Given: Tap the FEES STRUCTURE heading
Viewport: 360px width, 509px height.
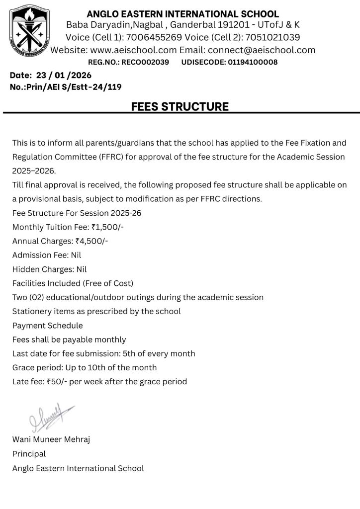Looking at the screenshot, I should (x=180, y=106).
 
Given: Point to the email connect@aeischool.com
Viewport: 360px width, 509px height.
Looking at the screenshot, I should (x=262, y=50).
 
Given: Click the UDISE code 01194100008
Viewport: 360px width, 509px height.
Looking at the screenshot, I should (x=252, y=62).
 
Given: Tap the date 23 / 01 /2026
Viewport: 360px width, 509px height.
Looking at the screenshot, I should (x=63, y=76).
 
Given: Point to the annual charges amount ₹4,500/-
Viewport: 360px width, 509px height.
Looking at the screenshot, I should (x=91, y=241).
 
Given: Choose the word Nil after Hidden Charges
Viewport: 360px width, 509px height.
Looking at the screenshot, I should (x=80, y=269).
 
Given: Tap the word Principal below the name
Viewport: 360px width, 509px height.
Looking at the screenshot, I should (x=29, y=454).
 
